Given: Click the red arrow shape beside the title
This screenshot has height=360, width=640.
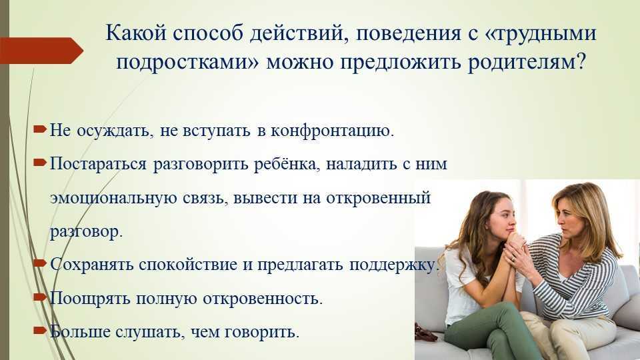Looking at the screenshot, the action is [41, 51].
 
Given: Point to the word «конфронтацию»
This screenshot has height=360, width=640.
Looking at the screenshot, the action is [332, 131].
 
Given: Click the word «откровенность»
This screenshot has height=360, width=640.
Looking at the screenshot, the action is [263, 299].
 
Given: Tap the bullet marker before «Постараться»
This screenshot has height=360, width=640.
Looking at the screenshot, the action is [40, 163].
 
